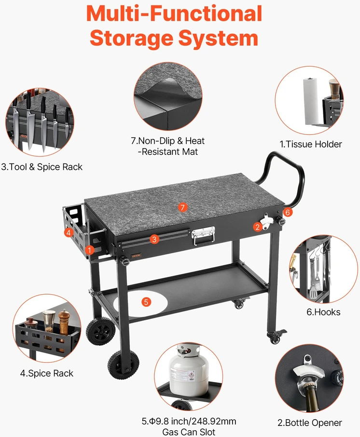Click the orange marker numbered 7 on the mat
[182, 207]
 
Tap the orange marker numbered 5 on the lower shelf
[146, 302]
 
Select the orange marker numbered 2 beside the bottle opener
[257, 227]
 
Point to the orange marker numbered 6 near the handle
[288, 212]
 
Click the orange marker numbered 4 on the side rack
[69, 232]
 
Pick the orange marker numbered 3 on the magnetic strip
[154, 239]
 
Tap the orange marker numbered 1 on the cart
[89, 250]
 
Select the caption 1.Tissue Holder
[311, 144]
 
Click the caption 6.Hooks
[323, 312]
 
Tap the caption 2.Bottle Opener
[309, 423]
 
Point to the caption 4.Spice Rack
[47, 373]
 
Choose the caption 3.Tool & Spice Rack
[42, 167]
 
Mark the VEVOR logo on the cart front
[136, 255]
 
